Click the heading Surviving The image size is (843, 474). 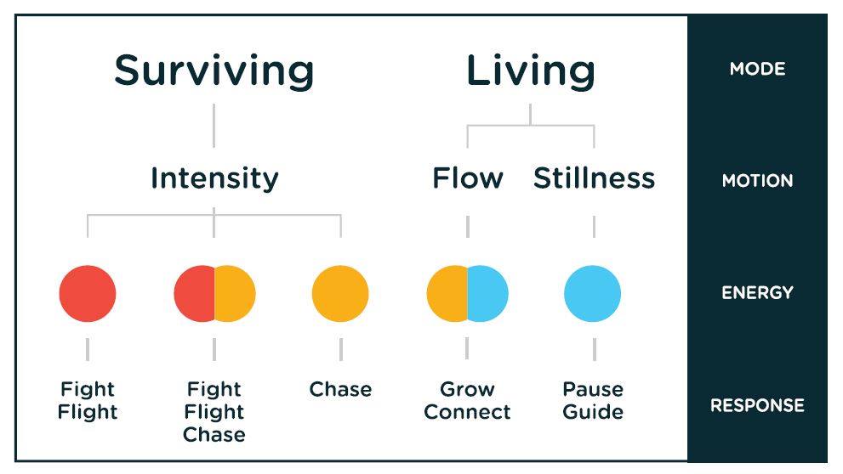coord(214,72)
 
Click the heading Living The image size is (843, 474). coord(531,71)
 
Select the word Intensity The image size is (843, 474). coord(214,179)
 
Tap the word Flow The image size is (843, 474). coord(468,178)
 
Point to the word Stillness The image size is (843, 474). coord(594,178)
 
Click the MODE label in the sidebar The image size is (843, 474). coord(758,69)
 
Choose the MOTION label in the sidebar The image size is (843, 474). coord(758,180)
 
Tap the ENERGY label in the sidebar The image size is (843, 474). coord(758,292)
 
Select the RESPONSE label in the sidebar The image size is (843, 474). coord(758,405)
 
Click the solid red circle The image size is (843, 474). coord(88,294)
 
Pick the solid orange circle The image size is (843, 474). coord(340,294)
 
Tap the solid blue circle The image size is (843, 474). coord(592,294)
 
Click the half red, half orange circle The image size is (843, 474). coord(214,294)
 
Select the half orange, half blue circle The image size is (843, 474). coord(467,294)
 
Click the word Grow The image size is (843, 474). coord(467,389)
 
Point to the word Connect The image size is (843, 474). coord(467,412)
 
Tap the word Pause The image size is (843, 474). coord(593,389)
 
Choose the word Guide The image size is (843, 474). coord(593,412)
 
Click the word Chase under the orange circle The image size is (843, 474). coord(340,389)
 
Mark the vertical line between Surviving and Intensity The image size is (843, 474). coord(214,126)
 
